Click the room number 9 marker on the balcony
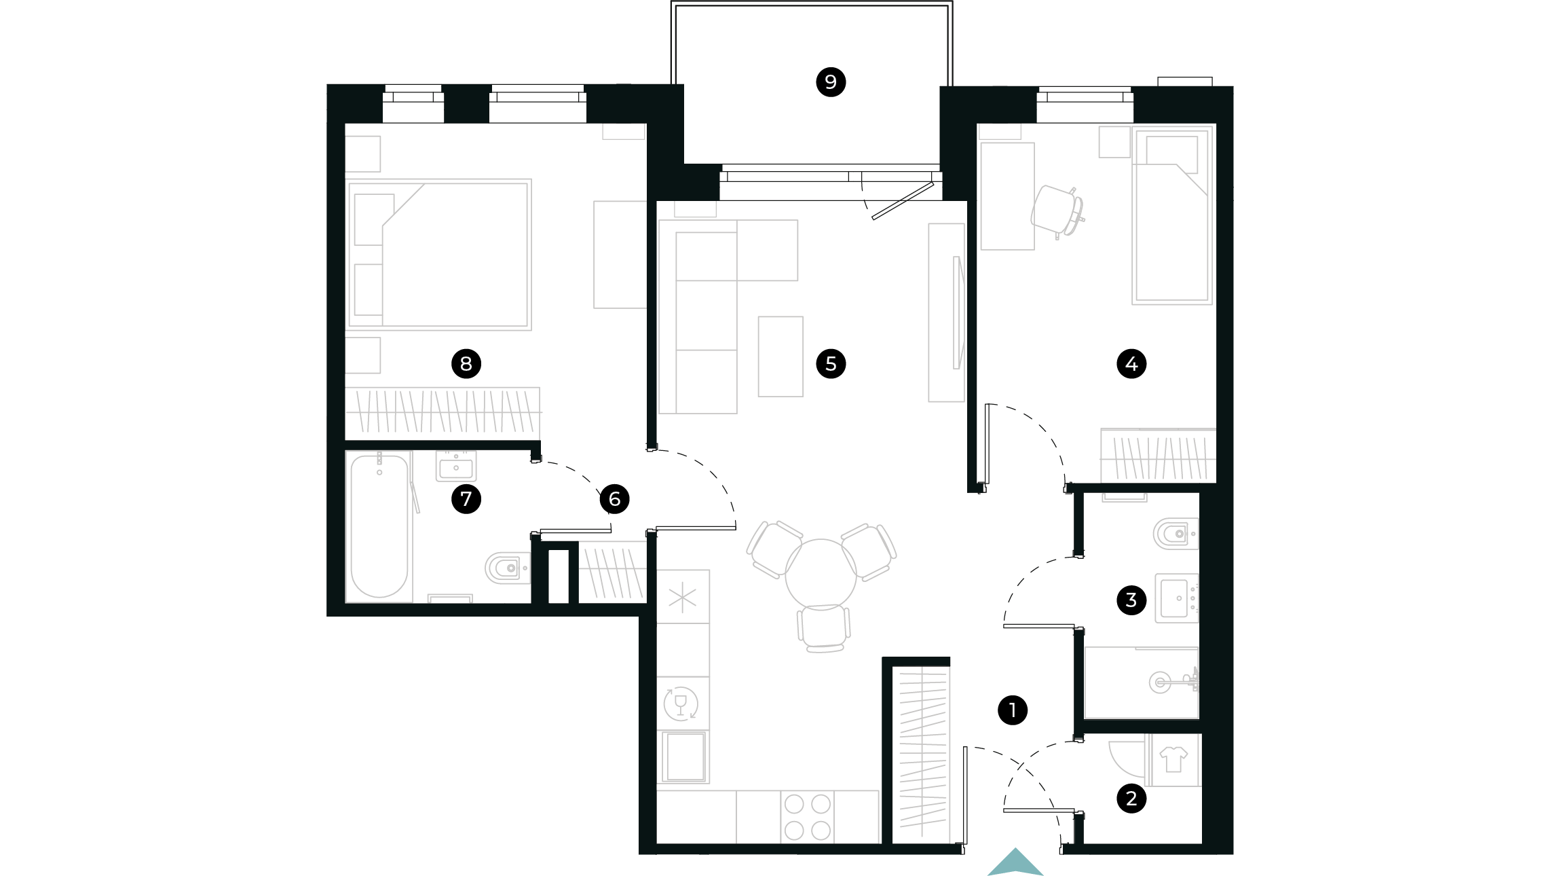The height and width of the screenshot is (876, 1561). pyautogui.click(x=830, y=82)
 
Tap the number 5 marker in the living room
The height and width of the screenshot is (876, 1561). pyautogui.click(x=831, y=364)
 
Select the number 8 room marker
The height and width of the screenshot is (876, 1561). pyautogui.click(x=466, y=364)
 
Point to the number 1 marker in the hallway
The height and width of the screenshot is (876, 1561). pyautogui.click(x=1012, y=710)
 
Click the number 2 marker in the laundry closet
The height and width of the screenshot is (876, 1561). pyautogui.click(x=1131, y=799)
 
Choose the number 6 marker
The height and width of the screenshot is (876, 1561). pyautogui.click(x=614, y=500)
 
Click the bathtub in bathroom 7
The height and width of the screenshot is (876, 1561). pyautogui.click(x=379, y=527)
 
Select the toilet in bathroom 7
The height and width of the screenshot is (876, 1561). pyautogui.click(x=507, y=568)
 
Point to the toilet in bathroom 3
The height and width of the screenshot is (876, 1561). pyautogui.click(x=1176, y=534)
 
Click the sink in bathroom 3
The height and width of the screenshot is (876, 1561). pyautogui.click(x=1177, y=598)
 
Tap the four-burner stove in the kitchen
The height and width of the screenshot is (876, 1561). pyautogui.click(x=807, y=817)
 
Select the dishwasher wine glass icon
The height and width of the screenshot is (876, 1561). pyautogui.click(x=680, y=704)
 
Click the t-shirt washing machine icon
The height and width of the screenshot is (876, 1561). pyautogui.click(x=1173, y=759)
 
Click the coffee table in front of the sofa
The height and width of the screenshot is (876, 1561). pyautogui.click(x=780, y=357)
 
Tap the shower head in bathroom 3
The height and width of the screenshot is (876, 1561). pyautogui.click(x=1160, y=681)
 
